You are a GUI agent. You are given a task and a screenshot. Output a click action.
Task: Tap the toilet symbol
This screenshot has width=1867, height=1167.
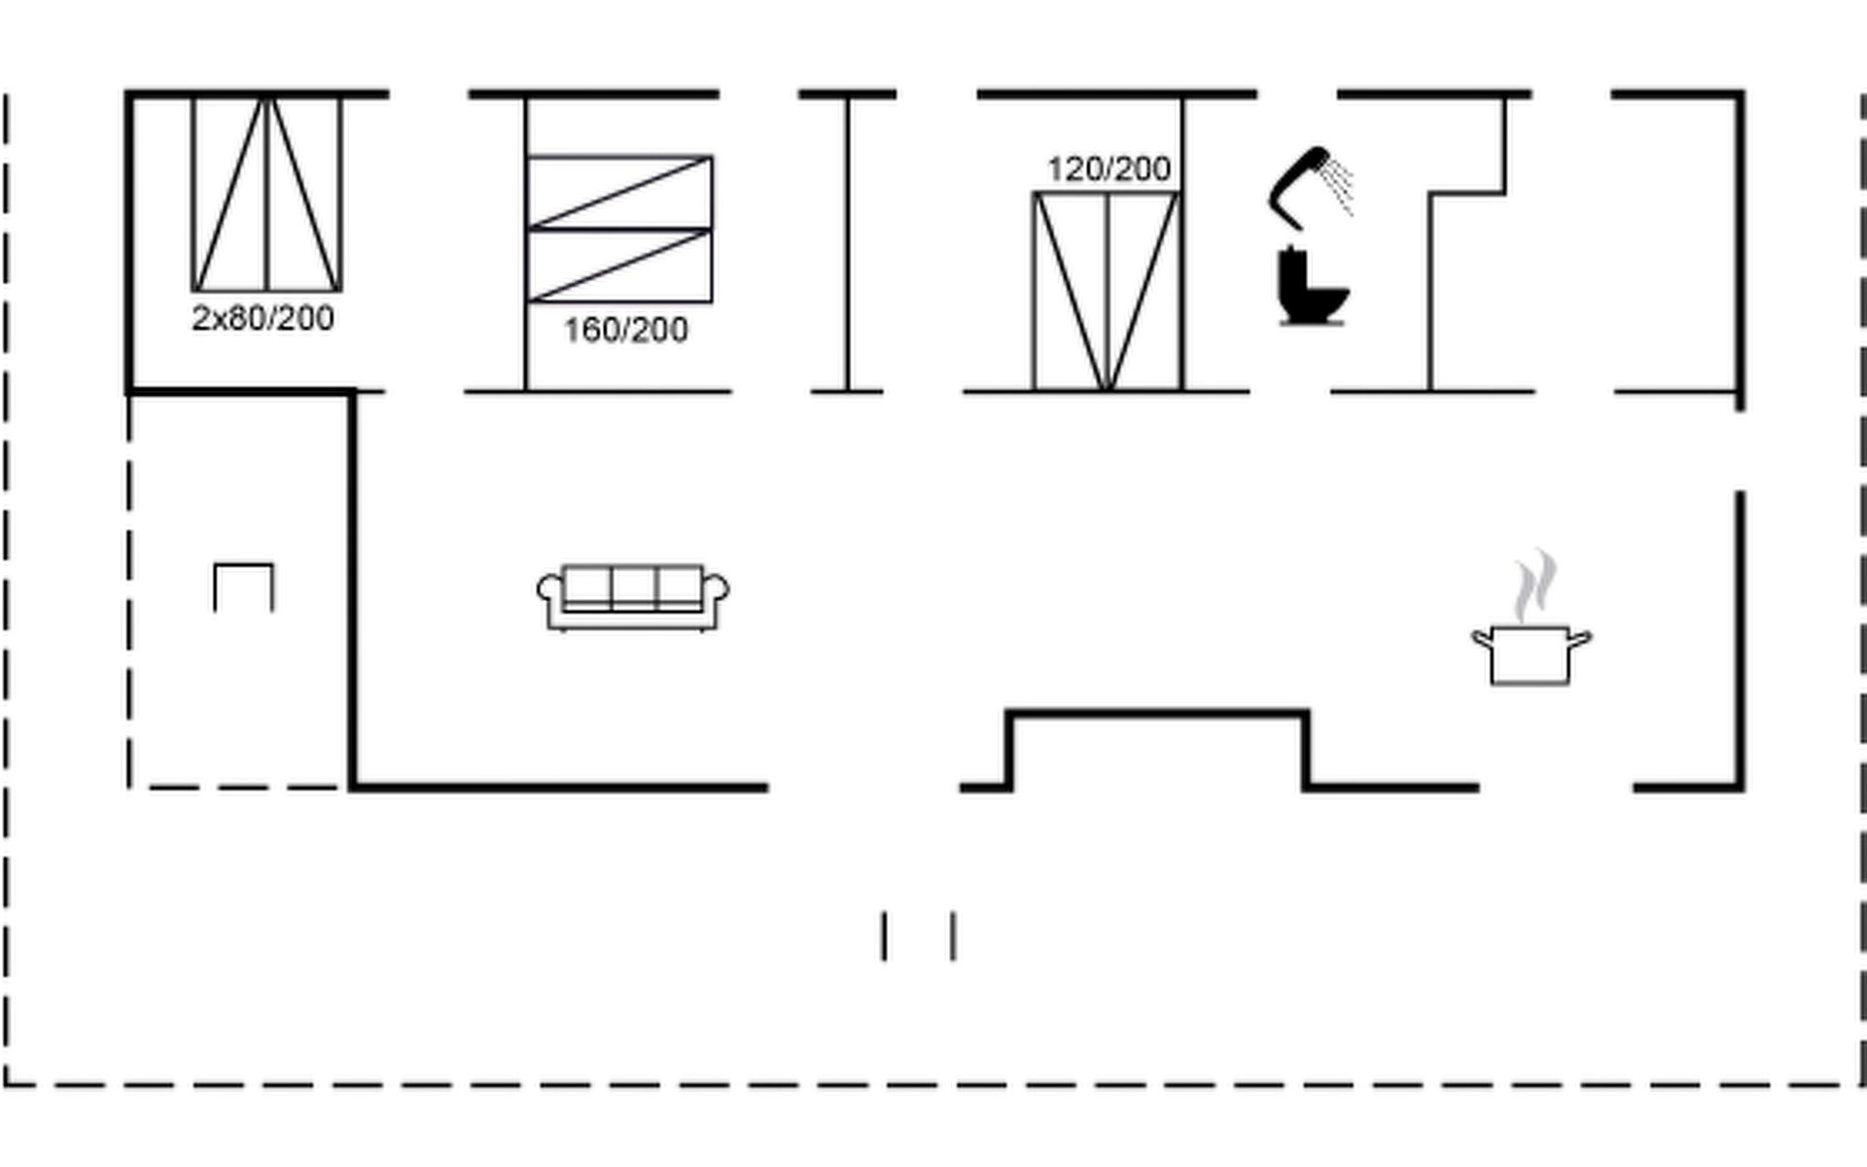coord(1312,288)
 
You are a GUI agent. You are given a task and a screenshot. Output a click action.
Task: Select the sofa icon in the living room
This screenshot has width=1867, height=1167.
coord(633,596)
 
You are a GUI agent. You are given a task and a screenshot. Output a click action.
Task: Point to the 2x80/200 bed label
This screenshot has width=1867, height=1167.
coord(263,318)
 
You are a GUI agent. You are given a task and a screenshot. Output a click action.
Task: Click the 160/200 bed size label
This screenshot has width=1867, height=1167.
coord(625,331)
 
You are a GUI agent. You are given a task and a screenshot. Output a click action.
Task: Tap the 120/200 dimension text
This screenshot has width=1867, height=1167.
coord(1109,169)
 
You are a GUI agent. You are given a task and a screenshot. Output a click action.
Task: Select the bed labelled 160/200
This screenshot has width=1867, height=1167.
coord(618,229)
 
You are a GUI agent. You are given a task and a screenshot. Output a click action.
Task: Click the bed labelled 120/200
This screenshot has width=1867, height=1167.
coord(1107,292)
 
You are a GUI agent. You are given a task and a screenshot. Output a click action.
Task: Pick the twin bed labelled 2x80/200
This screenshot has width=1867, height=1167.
coord(266,194)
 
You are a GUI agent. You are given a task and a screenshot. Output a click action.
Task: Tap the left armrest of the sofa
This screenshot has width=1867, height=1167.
coord(549,590)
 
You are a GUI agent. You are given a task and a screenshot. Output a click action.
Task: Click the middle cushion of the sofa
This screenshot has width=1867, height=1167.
coord(633,586)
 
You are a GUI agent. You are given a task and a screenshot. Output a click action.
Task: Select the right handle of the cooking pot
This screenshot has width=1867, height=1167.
coord(1580,639)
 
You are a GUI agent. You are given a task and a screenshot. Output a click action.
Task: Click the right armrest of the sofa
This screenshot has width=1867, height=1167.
coord(717,590)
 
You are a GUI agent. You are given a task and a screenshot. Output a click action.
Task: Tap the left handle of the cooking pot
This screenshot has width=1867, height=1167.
coord(1482,639)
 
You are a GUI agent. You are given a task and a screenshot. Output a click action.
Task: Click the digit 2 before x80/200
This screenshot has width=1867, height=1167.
coord(199,318)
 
